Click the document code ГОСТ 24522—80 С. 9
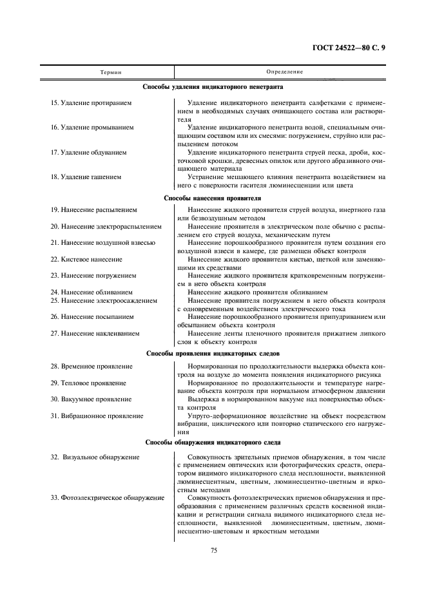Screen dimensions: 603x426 pos(348,47)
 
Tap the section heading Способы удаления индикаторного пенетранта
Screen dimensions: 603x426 pos(213,86)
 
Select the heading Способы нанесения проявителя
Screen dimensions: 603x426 pos(213,198)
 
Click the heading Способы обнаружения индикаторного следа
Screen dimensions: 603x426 pos(213,444)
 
